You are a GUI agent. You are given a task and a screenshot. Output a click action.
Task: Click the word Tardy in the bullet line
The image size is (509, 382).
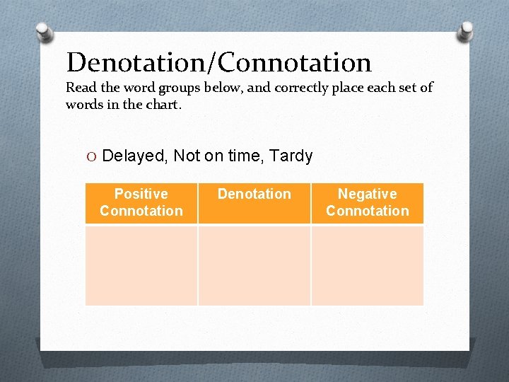click(x=290, y=156)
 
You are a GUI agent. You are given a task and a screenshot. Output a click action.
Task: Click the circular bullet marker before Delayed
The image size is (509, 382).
click(x=92, y=156)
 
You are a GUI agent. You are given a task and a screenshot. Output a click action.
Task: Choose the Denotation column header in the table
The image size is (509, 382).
click(x=255, y=195)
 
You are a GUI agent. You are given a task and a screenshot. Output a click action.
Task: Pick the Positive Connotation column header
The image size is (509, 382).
click(x=141, y=202)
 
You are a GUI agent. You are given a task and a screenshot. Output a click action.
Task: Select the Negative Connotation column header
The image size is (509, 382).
click(x=368, y=202)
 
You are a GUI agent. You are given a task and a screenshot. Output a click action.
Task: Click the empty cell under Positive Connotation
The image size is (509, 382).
click(x=141, y=265)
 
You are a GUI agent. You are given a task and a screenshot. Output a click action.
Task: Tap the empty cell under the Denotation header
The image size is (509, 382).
click(x=255, y=265)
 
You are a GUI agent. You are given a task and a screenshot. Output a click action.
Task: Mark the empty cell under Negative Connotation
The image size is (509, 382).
click(x=368, y=265)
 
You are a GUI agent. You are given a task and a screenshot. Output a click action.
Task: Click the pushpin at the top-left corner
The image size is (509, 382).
click(x=43, y=31)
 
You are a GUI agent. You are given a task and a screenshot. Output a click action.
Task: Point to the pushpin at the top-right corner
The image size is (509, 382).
click(x=466, y=30)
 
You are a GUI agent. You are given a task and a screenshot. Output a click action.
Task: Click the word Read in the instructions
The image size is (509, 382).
click(x=81, y=88)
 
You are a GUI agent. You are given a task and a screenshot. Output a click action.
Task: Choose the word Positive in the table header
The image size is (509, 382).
click(x=141, y=194)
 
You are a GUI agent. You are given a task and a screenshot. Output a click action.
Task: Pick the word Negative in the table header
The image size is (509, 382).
click(x=368, y=194)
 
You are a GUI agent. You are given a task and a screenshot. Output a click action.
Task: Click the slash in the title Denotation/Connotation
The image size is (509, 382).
click(x=213, y=62)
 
